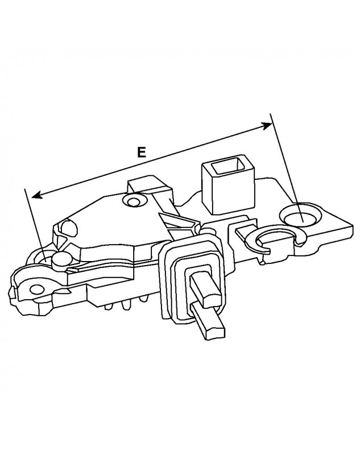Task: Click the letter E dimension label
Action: click(142, 152)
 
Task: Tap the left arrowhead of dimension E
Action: click(35, 195)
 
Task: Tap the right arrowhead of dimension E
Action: click(268, 126)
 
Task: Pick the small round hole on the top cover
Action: click(135, 201)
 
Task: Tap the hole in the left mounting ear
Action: click(37, 289)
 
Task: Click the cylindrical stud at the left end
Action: click(60, 260)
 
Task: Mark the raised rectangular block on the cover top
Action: click(148, 187)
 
